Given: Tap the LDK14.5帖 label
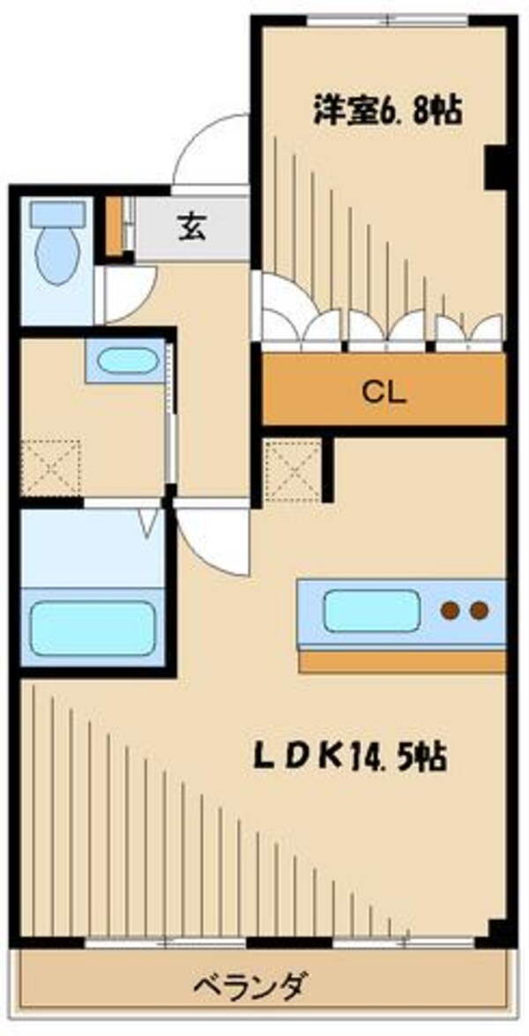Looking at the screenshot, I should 349,757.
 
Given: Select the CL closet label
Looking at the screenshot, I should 384,391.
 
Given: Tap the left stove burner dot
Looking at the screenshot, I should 451,610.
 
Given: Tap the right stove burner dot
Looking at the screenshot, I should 480,610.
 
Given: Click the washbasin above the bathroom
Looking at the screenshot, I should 124,361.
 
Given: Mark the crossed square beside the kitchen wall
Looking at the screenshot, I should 292,467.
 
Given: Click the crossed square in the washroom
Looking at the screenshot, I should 50,466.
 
